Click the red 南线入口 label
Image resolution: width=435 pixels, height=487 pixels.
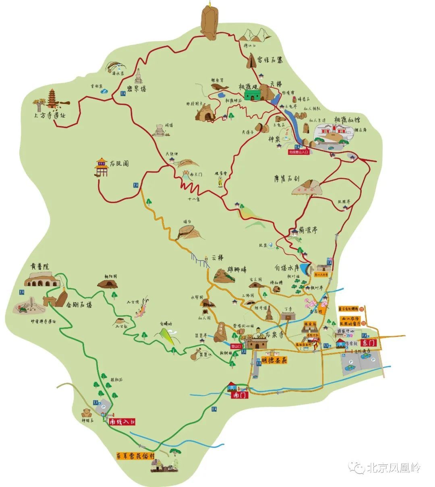(x=123, y=421)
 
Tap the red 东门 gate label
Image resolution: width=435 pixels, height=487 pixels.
(x=369, y=343)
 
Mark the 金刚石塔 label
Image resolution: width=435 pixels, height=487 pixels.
(x=79, y=305)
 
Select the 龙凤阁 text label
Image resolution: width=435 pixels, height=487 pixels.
(x=119, y=164)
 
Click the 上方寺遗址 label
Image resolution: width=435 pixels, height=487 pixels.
(x=50, y=115)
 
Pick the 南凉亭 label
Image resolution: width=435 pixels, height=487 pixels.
(x=308, y=230)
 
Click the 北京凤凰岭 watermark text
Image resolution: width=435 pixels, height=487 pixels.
(x=393, y=468)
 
